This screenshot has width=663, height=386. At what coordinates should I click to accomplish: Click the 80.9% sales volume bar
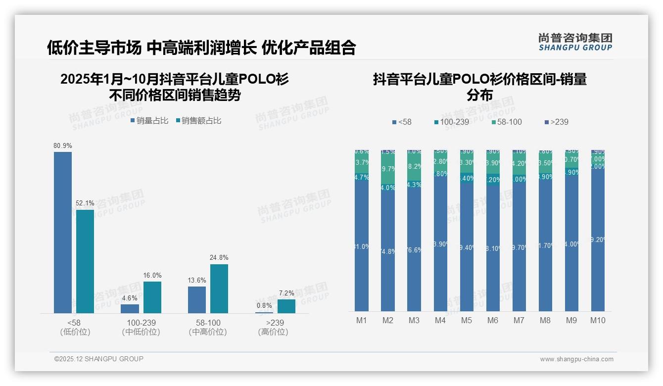(x=63, y=232)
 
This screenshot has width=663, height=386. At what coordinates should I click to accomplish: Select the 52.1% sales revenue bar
(x=85, y=261)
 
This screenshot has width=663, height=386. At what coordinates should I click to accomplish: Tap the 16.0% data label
(x=152, y=275)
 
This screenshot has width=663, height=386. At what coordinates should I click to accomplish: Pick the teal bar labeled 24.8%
(x=219, y=289)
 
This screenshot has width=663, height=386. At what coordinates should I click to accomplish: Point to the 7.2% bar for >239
(x=286, y=306)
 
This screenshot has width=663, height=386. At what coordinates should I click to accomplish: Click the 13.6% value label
(x=197, y=280)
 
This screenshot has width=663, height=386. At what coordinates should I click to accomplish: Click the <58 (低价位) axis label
(x=75, y=327)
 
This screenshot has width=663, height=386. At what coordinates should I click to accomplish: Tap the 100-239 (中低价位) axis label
(x=141, y=327)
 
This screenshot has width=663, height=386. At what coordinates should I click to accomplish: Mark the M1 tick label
(x=362, y=320)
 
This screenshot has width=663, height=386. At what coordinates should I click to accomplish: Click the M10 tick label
(x=598, y=320)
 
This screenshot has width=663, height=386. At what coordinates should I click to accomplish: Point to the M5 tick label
(x=467, y=320)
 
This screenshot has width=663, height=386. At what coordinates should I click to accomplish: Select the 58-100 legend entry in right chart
(x=507, y=122)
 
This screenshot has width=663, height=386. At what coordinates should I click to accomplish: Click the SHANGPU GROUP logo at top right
(x=575, y=42)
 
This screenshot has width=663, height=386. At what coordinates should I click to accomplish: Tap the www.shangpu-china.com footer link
(x=576, y=359)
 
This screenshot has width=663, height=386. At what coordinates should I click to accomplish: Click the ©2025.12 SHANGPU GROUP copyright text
(x=99, y=359)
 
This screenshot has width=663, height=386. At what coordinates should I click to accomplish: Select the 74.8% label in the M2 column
(x=388, y=251)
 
